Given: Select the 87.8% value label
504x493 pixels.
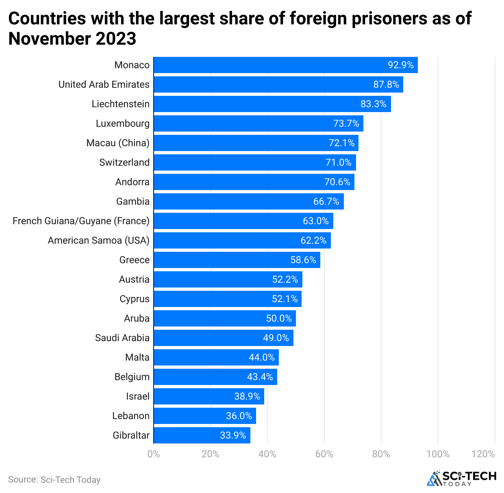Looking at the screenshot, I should (x=386, y=84).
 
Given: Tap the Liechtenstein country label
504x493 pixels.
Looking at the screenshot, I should (x=120, y=104).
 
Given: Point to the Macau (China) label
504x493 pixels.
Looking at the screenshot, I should (x=118, y=143).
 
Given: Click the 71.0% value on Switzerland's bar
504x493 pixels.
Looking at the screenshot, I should (x=338, y=162).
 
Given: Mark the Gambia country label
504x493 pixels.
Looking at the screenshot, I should (x=133, y=201).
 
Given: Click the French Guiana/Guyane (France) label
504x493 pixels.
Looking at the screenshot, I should (x=81, y=221).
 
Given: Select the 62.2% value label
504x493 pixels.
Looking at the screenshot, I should (x=313, y=240).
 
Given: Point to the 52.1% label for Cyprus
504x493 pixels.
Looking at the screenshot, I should (x=285, y=299).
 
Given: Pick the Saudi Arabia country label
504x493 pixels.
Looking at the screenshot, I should (x=122, y=338).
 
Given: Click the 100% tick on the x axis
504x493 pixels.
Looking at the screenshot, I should (x=438, y=454).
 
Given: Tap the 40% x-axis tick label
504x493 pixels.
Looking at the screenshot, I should (x=267, y=454).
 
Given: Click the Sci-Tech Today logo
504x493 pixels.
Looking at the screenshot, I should (x=461, y=478).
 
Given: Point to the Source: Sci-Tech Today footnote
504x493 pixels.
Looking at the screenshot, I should (x=54, y=480).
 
